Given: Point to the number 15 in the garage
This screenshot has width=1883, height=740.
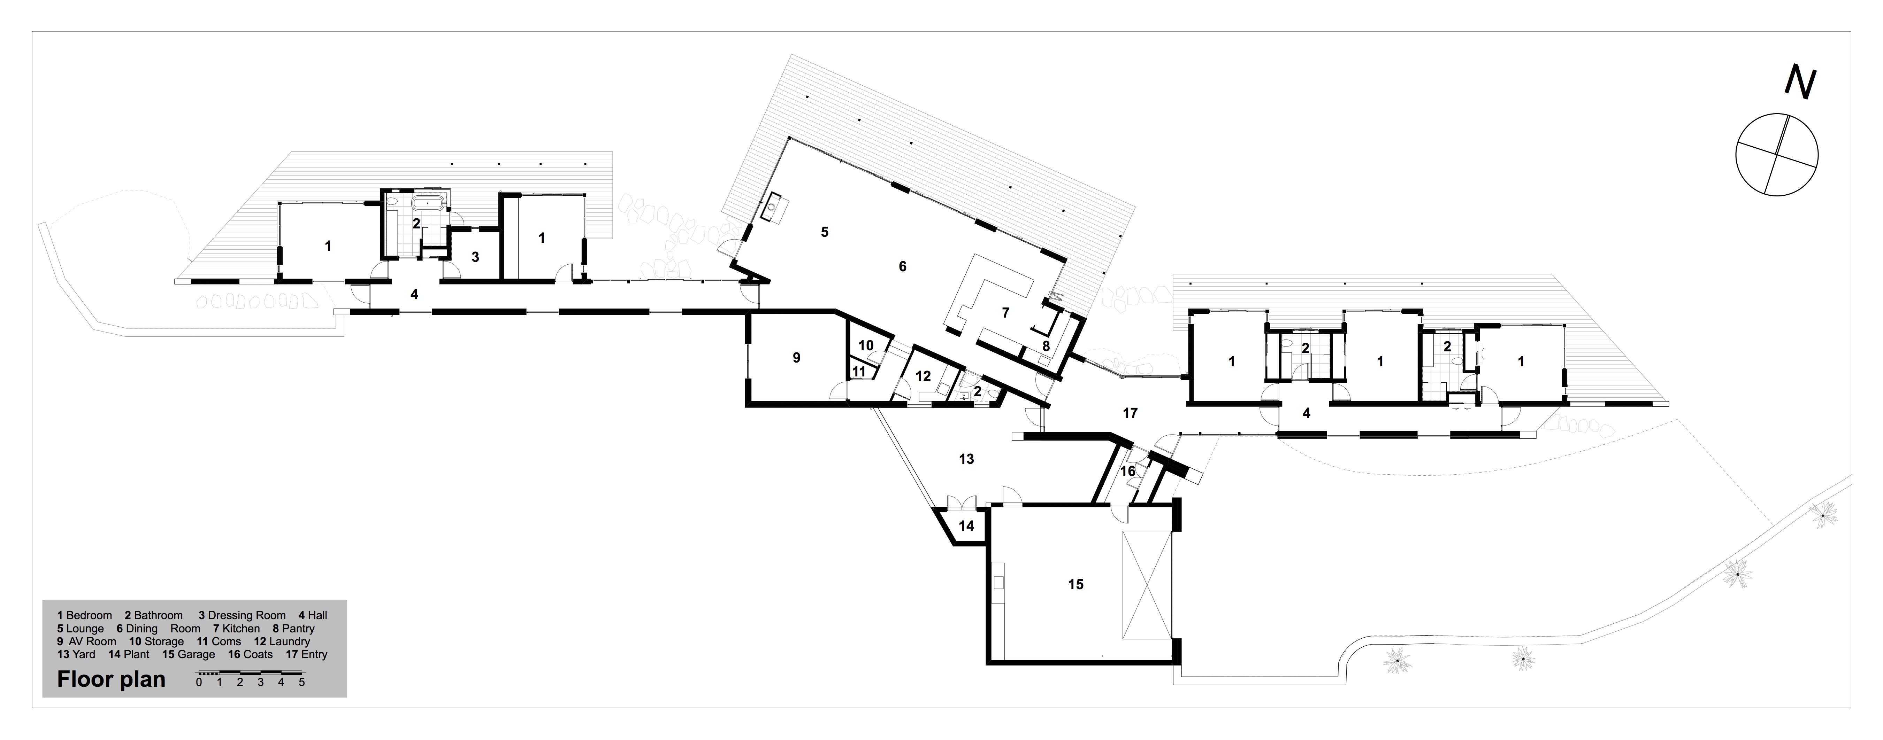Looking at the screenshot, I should pos(1075,584).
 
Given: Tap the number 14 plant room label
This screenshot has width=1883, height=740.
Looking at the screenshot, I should pos(966,526).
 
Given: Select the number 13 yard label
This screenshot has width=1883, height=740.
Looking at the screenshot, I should pos(966,459).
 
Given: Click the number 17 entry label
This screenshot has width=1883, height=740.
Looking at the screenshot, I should pos(1130,413).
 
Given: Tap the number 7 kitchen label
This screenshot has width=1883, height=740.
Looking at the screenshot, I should pos(1005,313).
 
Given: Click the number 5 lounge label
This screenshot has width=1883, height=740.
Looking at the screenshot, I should pos(825,232).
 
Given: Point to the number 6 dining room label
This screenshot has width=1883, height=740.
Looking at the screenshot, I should pos(902,267).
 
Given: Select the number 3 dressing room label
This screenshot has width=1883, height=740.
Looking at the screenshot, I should pos(475,257).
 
